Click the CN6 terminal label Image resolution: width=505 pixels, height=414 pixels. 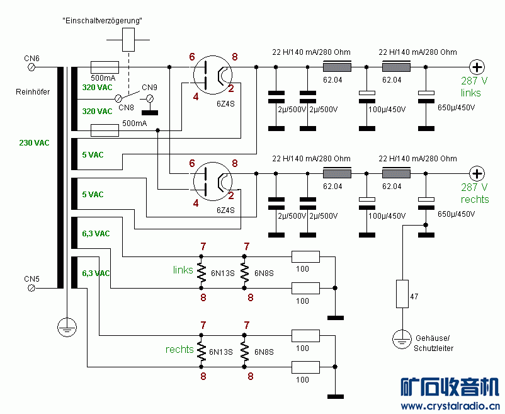click(x=31, y=59)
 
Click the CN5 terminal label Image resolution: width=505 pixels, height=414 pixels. click(x=31, y=279)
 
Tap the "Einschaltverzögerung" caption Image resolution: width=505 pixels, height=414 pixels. click(x=103, y=21)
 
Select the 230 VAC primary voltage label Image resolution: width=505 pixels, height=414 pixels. click(x=34, y=143)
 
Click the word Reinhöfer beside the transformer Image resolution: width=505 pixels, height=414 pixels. click(x=33, y=92)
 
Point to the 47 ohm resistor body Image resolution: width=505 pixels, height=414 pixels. click(x=402, y=294)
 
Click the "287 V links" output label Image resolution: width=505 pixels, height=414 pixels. click(x=474, y=88)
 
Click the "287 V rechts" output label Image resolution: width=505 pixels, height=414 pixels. click(x=474, y=193)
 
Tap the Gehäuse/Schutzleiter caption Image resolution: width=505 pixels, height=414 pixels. click(x=434, y=343)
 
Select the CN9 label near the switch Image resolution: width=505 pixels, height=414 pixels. click(x=150, y=87)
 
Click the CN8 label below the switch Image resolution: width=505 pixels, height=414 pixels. click(x=127, y=108)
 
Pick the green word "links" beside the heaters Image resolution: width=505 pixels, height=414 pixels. click(x=183, y=270)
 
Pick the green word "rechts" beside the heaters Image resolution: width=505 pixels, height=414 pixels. click(x=179, y=349)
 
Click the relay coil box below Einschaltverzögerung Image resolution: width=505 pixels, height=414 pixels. click(x=129, y=40)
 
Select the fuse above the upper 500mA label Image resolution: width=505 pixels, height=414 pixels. click(x=105, y=67)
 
